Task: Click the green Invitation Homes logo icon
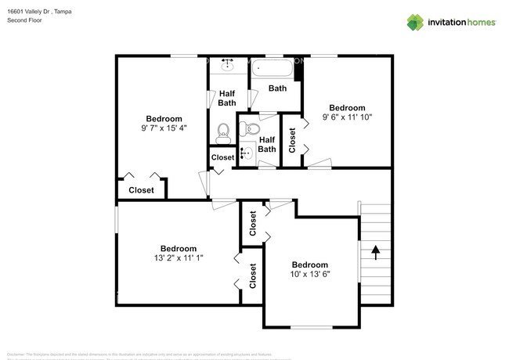coord(416,23)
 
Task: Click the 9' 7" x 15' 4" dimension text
coord(164,128)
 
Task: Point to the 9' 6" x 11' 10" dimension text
coord(347,117)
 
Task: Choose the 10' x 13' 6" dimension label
coord(310,275)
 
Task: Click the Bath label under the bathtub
coord(277,88)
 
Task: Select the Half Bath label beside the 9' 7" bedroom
coord(227,98)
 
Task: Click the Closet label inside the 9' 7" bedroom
coord(142,190)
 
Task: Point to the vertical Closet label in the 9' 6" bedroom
coord(292,139)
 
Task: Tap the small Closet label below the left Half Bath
coord(222,157)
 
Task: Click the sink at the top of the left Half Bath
coord(229,63)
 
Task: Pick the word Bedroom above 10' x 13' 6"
coord(310,265)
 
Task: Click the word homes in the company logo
coord(480,23)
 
